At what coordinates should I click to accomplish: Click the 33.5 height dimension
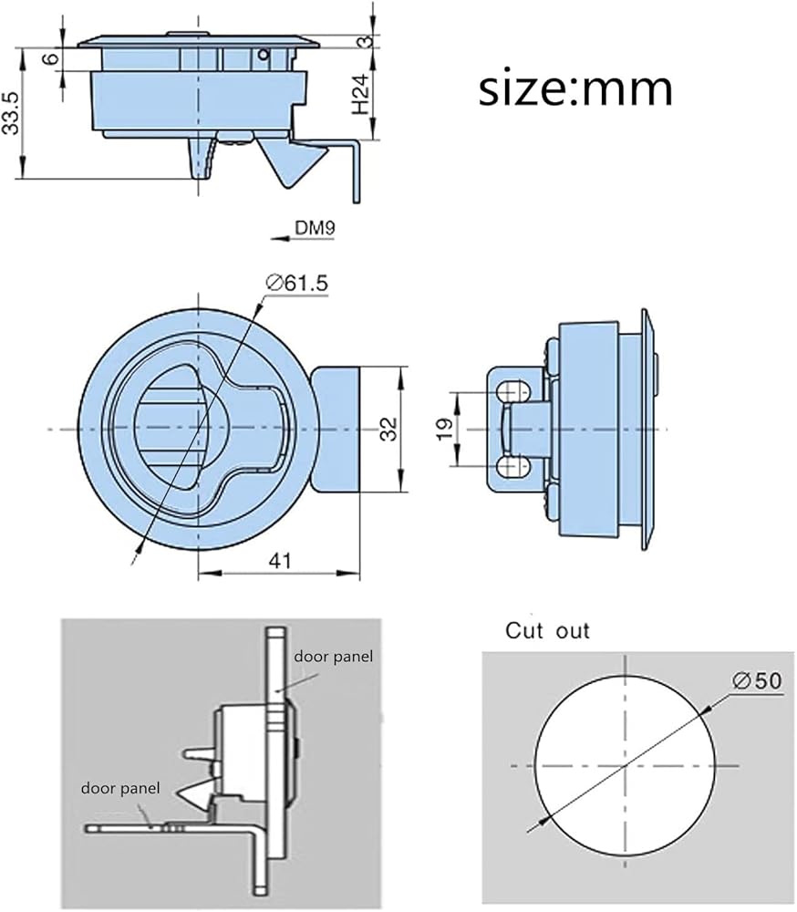12,113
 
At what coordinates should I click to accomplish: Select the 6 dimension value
51,58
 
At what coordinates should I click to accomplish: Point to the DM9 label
315,227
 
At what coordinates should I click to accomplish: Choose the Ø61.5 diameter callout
296,284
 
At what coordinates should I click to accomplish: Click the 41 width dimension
280,561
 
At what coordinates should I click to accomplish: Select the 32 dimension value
389,430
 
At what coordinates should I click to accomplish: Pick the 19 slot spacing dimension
444,430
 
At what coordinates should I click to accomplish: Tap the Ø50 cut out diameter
757,680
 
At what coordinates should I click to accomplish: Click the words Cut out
547,630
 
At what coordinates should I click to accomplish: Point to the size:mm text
575,89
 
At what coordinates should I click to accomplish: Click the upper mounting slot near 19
512,392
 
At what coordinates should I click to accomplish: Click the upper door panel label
333,657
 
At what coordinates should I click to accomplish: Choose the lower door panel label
119,788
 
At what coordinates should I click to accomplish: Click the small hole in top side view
264,56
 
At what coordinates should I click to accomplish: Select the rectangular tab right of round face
336,430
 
